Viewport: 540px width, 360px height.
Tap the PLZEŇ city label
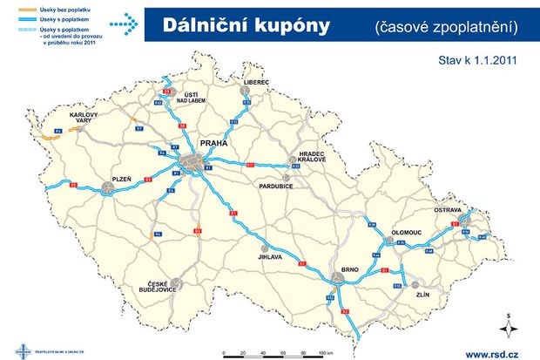point(121,178)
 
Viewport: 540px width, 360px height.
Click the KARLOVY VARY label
point(84,118)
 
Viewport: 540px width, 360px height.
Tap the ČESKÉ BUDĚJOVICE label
point(158,289)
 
